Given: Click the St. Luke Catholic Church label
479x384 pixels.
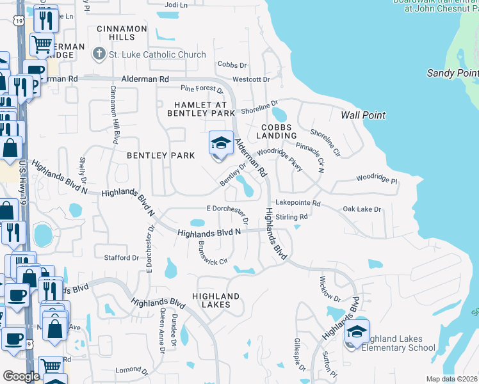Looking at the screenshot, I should coord(158,54).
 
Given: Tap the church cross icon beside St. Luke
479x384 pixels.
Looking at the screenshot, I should coord(99,54).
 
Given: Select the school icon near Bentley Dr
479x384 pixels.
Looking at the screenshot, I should coord(220,143).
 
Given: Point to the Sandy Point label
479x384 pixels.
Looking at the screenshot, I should coord(452,73).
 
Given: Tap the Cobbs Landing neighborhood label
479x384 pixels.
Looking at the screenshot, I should coord(277,131).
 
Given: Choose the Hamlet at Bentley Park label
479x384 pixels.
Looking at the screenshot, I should coord(201,108).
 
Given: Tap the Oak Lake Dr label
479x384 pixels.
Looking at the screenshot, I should coord(362,209).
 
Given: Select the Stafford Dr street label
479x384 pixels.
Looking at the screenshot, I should coord(122,258).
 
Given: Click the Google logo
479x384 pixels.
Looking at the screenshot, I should coord(20,376).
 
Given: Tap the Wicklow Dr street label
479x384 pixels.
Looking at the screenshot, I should coord(330,289).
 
